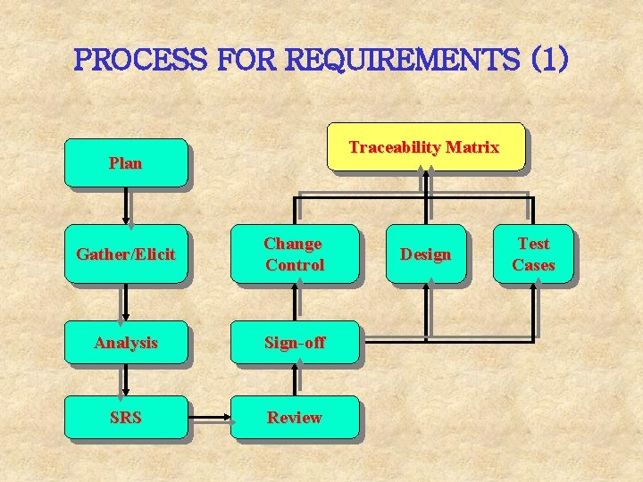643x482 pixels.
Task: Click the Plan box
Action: click(x=125, y=163)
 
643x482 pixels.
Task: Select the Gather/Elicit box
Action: click(x=125, y=254)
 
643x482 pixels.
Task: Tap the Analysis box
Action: click(x=125, y=343)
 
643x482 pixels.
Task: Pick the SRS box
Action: click(x=125, y=418)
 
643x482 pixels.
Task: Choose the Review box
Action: click(x=295, y=418)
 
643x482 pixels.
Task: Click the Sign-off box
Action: click(x=295, y=343)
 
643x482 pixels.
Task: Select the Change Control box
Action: click(x=295, y=254)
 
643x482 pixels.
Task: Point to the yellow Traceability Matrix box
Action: click(x=424, y=147)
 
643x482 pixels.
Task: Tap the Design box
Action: click(x=425, y=254)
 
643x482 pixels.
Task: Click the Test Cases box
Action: click(x=533, y=254)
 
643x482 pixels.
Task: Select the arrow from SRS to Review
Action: click(x=210, y=416)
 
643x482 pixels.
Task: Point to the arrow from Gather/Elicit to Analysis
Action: click(x=127, y=303)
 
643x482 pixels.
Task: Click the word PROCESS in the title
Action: click(x=141, y=61)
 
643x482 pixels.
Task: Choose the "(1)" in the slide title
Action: click(x=548, y=61)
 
